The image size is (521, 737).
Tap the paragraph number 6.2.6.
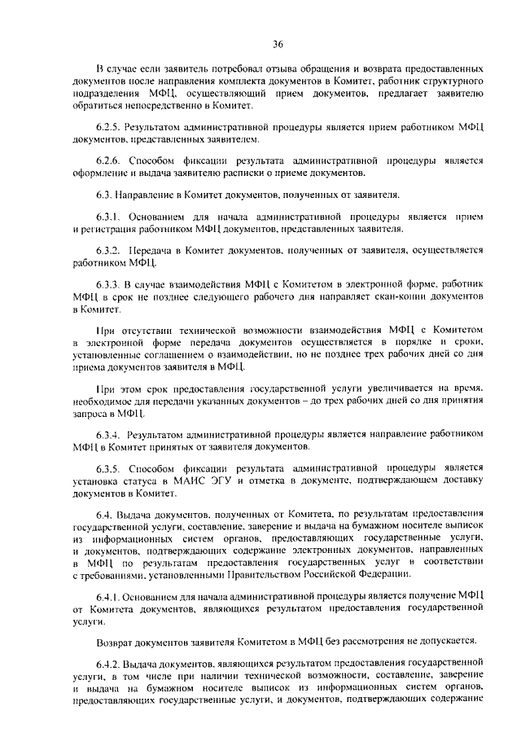[111, 160]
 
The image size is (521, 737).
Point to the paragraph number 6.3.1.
[111, 218]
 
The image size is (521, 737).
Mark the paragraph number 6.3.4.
[111, 436]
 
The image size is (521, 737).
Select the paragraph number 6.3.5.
[111, 468]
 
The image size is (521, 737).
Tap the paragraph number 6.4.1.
[111, 597]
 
